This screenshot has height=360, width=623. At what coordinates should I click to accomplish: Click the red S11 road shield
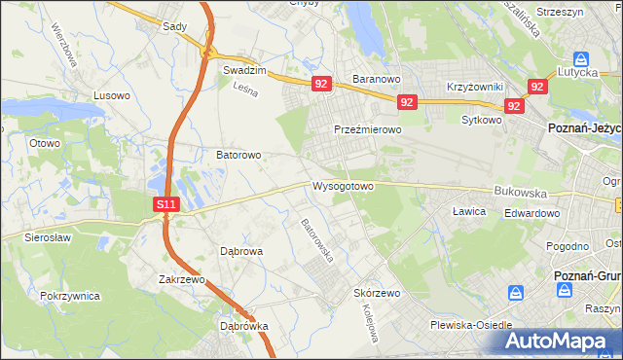(x=166, y=204)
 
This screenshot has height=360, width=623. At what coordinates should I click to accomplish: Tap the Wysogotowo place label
(x=343, y=186)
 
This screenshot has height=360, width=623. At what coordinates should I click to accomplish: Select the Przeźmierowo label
(x=367, y=129)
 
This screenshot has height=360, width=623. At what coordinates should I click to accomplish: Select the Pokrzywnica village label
(x=71, y=294)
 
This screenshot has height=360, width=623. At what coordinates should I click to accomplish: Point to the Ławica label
(x=468, y=210)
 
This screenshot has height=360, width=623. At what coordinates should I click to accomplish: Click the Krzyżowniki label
(x=474, y=87)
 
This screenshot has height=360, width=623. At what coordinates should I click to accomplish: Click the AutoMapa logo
(x=559, y=342)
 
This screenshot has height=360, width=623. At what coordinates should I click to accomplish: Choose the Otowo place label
(x=45, y=143)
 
